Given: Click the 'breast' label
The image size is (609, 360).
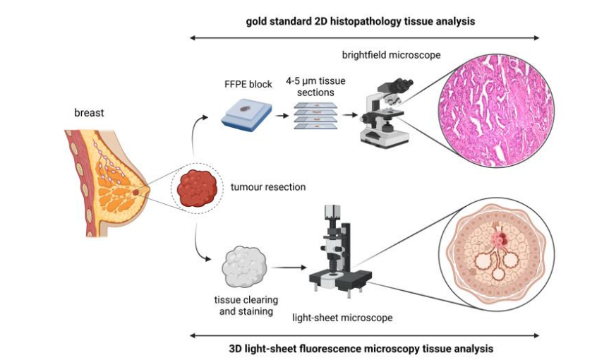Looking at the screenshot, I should [88, 112].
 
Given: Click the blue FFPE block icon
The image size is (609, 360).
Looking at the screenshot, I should [244, 113].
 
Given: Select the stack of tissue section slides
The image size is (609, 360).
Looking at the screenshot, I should [315, 115].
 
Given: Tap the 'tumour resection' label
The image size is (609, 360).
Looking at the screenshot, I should [267, 188].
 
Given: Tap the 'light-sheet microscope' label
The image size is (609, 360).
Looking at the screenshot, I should [342, 318].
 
